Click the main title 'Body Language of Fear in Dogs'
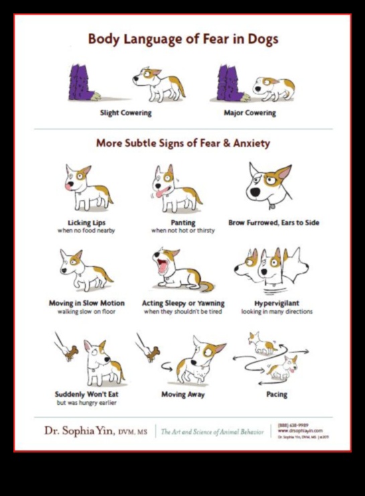tap(183, 39)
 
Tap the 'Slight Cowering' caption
tap(126, 113)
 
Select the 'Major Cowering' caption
tap(249, 113)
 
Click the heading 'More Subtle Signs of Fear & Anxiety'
tap(183, 142)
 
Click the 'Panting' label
tap(173, 223)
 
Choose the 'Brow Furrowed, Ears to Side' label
tap(273, 223)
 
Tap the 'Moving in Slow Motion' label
tap(85, 303)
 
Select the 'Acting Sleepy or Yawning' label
tap(183, 303)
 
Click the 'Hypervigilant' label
tap(277, 303)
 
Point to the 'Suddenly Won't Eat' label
tap(86, 394)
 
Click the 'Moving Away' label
tap(182, 394)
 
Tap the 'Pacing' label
tap(277, 394)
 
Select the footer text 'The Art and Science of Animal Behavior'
tap(212, 432)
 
